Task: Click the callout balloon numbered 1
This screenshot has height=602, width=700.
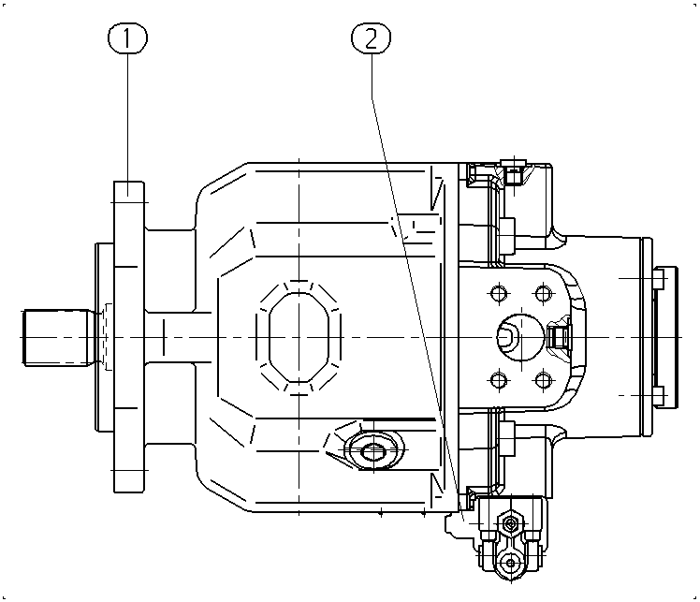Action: tap(127, 38)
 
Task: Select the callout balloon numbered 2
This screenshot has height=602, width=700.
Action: tap(371, 38)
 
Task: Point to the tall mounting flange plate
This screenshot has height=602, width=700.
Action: tap(129, 337)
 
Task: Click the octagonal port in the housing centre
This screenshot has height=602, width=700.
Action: tap(299, 338)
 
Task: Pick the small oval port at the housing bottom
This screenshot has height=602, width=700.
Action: tap(373, 451)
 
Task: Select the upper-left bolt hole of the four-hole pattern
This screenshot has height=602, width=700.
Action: tap(499, 293)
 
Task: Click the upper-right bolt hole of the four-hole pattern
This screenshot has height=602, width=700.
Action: tap(543, 293)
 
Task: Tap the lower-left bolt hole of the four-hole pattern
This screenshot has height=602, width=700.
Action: tap(499, 380)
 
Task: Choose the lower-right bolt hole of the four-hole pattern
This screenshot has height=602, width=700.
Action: tap(543, 380)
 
